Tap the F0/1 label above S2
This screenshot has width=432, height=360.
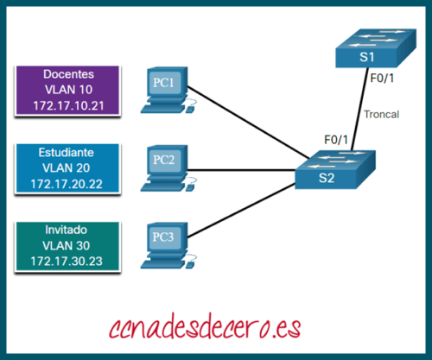(335, 139)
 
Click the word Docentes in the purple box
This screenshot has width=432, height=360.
(68, 74)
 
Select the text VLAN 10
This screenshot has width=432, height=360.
(68, 90)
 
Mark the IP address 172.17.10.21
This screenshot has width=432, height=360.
(68, 105)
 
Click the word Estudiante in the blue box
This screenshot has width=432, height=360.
(68, 152)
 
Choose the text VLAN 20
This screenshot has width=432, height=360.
(68, 167)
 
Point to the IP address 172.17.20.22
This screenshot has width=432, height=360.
(68, 184)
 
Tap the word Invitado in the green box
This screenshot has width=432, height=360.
(68, 231)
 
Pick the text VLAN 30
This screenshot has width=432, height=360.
(68, 246)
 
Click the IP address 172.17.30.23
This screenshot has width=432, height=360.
(68, 262)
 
